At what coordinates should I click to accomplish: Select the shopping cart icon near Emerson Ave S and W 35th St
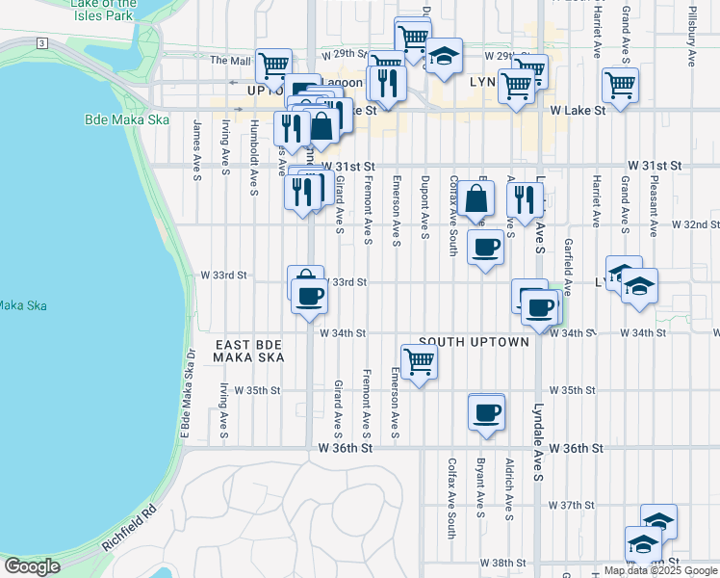(x=419, y=362)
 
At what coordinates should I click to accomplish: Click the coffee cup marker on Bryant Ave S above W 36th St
(x=486, y=412)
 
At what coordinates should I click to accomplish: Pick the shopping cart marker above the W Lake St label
(x=620, y=85)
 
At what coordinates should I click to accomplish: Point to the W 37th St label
(x=573, y=505)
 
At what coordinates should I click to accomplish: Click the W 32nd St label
(x=695, y=224)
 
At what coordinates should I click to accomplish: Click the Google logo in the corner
(x=32, y=565)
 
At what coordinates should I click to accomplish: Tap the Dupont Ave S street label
(x=424, y=202)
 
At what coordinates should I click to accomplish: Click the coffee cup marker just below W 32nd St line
(x=486, y=248)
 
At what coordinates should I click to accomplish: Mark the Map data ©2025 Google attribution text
(x=660, y=570)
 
